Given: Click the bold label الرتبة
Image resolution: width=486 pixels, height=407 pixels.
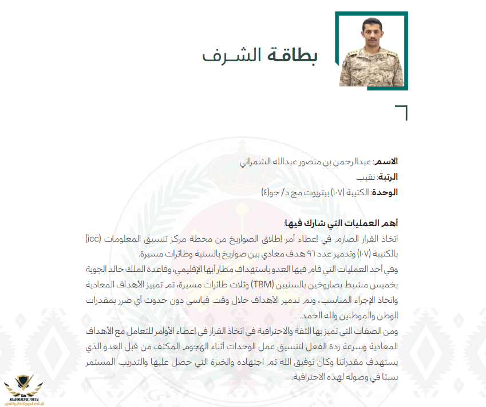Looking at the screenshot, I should click(387, 177).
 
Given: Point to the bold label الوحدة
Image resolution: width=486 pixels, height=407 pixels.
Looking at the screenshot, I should click(385, 192).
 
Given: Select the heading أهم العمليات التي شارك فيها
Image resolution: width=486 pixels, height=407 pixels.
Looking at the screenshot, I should click(341, 222).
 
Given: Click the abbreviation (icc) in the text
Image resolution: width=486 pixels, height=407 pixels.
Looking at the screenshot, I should click(96, 238).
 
